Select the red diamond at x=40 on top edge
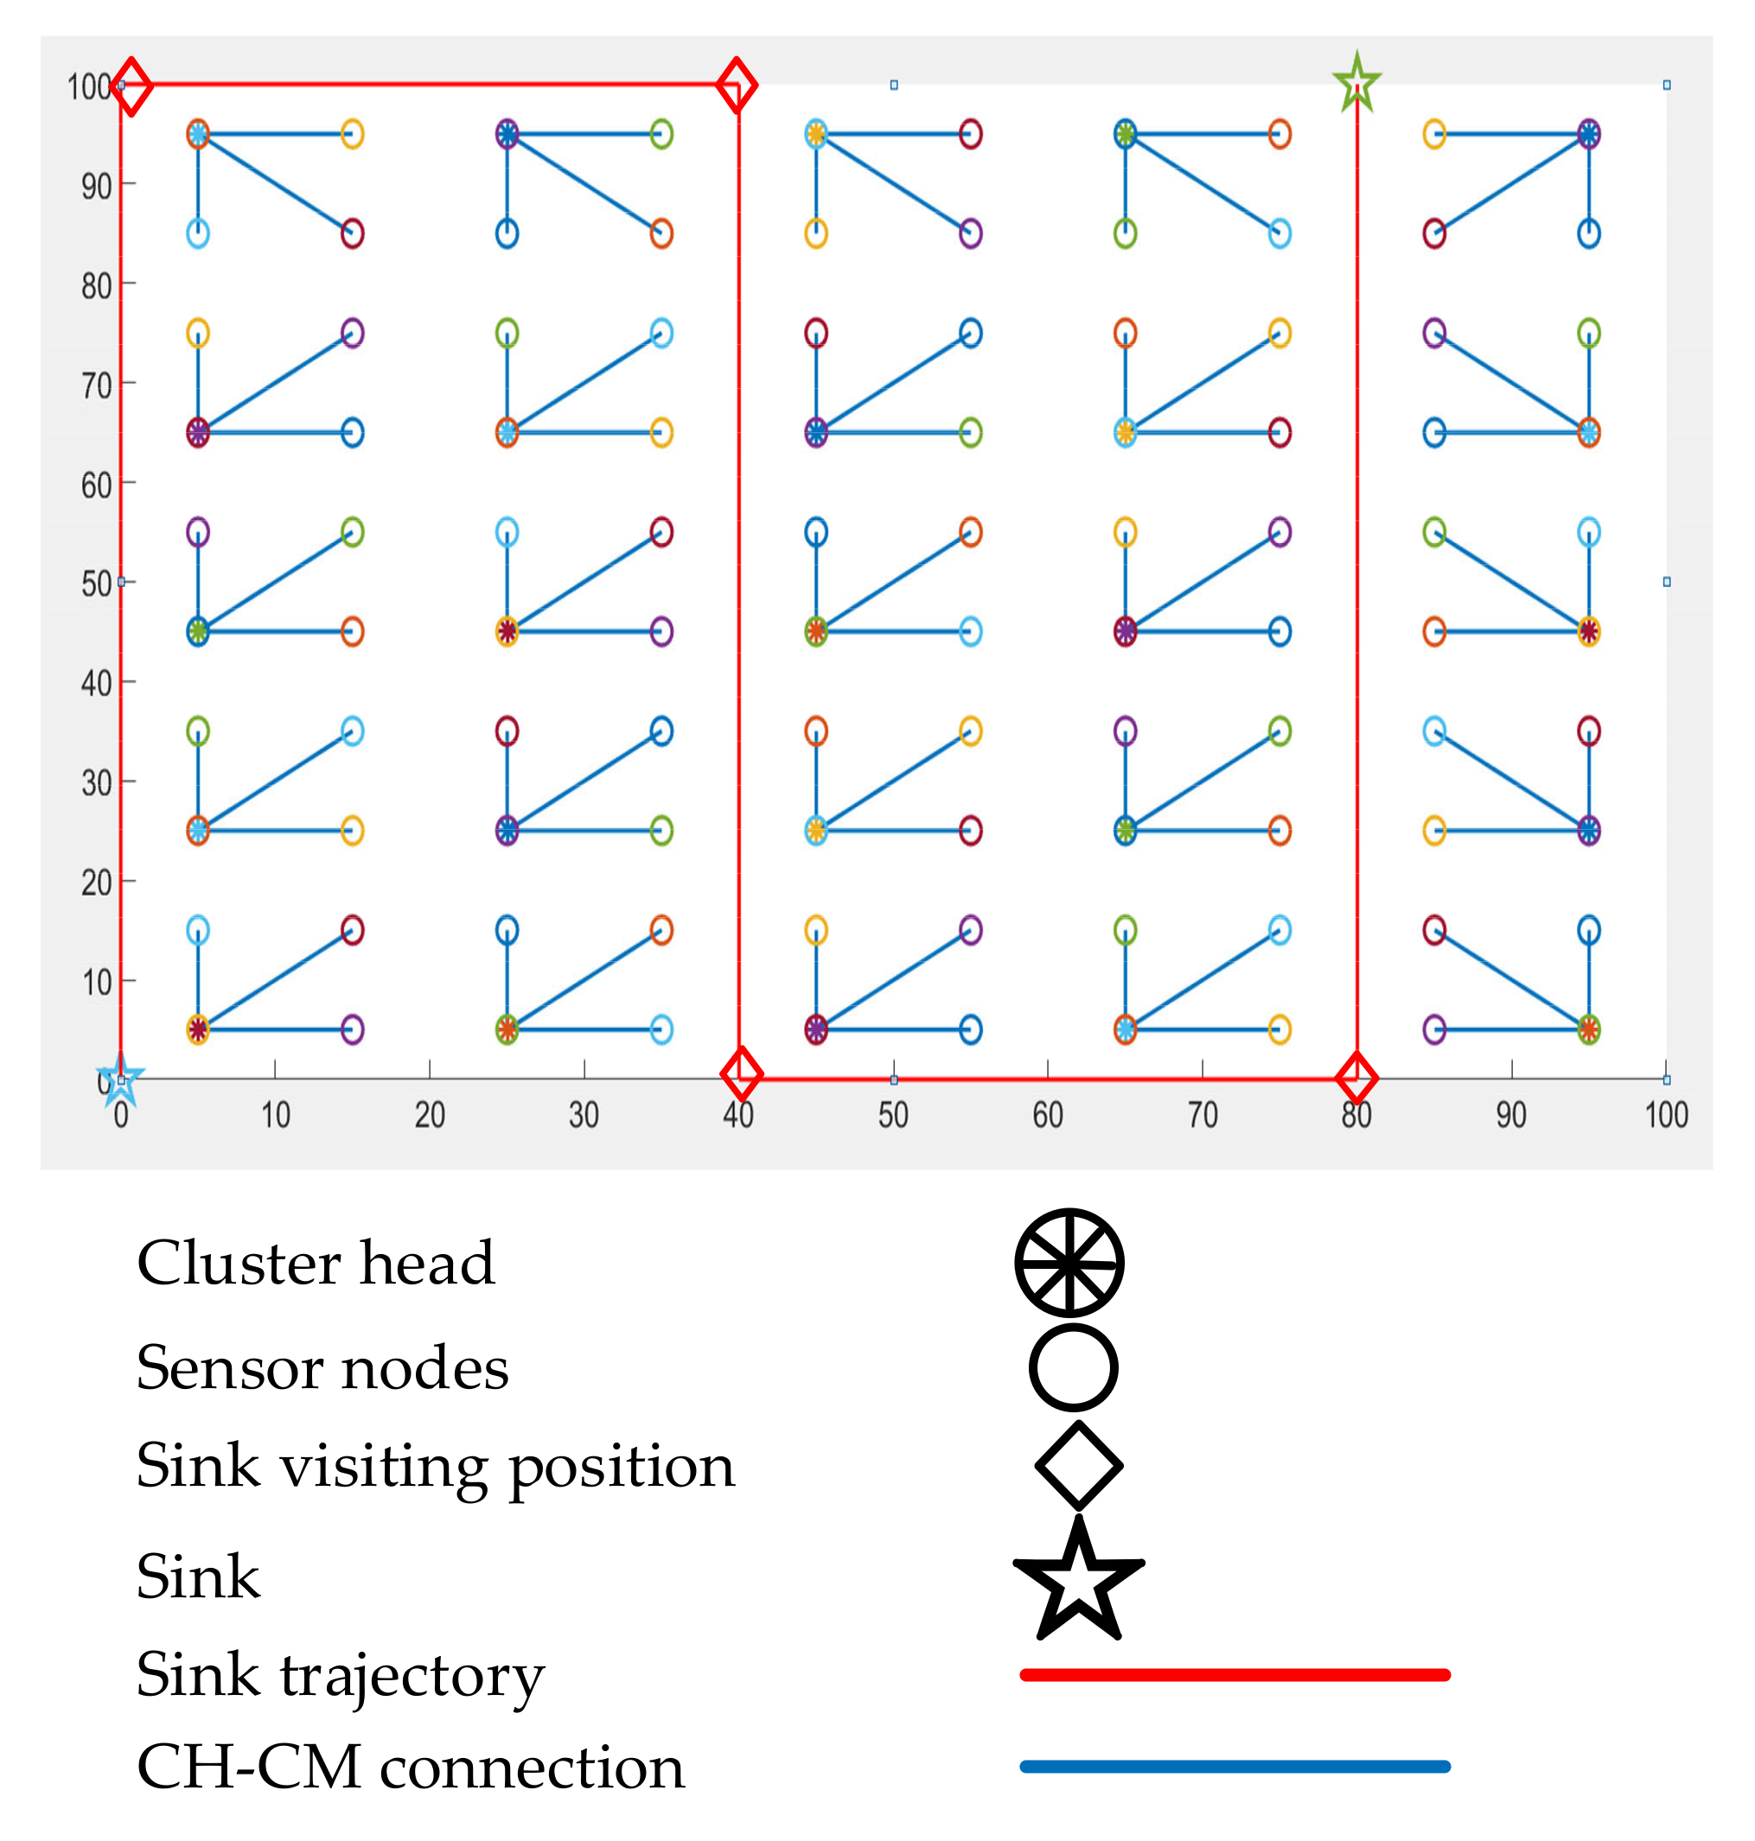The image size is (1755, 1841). (737, 85)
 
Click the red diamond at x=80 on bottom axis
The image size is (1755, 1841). (1356, 1078)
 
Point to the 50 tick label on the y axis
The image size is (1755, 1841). (96, 584)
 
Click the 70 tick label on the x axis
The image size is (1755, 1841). (1202, 1115)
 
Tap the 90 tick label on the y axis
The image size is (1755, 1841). (96, 187)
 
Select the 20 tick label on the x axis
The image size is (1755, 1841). (430, 1115)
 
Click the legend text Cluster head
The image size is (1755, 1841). (316, 1264)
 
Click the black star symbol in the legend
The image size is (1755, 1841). (1079, 1580)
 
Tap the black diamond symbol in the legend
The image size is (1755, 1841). (1079, 1466)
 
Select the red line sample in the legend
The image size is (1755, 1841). (1235, 1674)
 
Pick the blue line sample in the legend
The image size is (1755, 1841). (1235, 1766)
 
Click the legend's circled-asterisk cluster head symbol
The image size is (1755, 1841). (1069, 1263)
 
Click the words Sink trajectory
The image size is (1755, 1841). (340, 1675)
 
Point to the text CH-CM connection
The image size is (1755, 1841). (411, 1767)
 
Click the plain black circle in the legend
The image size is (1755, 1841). (1073, 1367)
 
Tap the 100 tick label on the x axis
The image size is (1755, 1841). (1666, 1115)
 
